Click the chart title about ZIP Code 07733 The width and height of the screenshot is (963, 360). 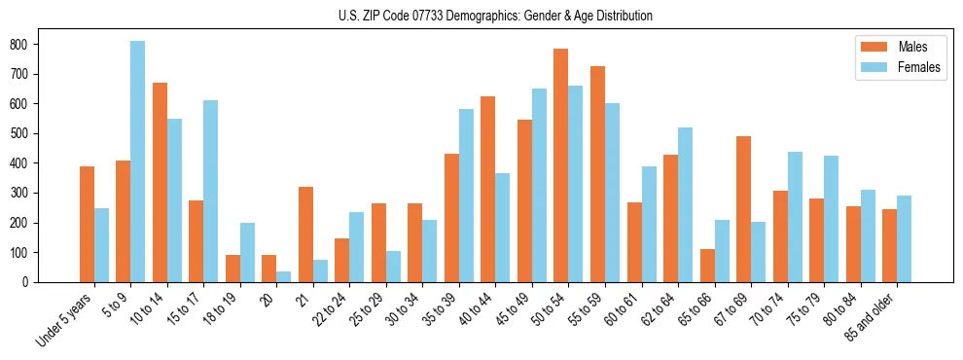pyautogui.click(x=481, y=16)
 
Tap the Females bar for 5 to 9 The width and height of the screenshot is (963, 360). pyautogui.click(x=138, y=162)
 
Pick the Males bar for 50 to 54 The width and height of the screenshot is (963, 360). pyautogui.click(x=561, y=165)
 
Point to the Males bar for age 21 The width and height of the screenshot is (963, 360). pyautogui.click(x=305, y=234)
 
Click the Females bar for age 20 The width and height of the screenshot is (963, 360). pyautogui.click(x=284, y=277)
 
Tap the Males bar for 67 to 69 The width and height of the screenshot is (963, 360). pyautogui.click(x=743, y=209)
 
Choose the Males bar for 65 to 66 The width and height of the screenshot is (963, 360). pyautogui.click(x=707, y=266)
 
